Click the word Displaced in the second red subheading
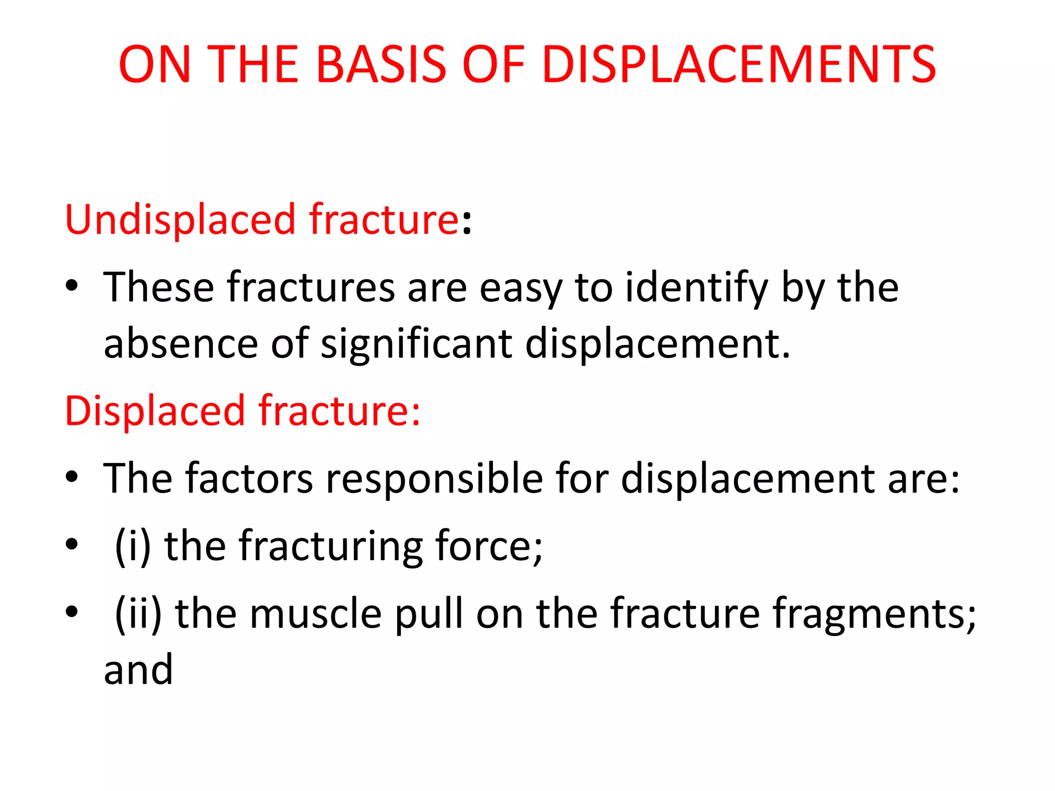click(x=155, y=411)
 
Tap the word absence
click(x=180, y=344)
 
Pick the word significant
click(x=416, y=344)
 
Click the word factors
click(x=249, y=478)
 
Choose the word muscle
click(x=315, y=613)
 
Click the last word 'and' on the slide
click(x=138, y=670)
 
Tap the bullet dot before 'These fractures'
click(x=72, y=286)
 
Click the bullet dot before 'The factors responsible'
click(x=72, y=477)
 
